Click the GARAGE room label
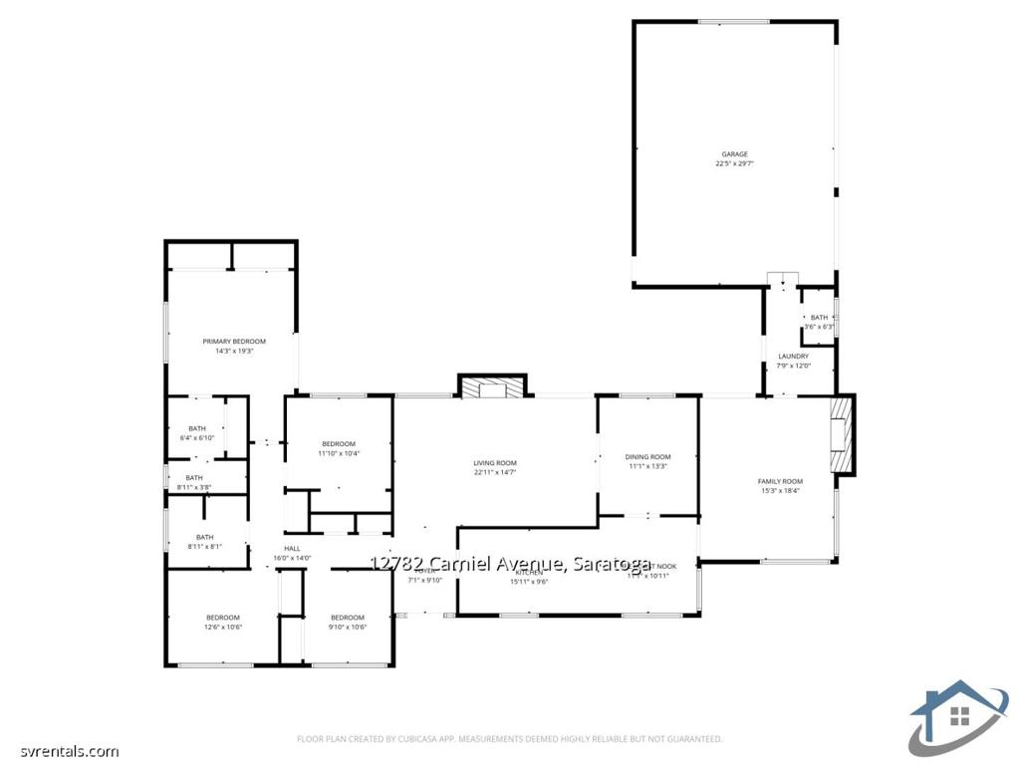click(734, 154)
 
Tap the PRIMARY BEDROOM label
click(234, 342)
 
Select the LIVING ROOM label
click(494, 463)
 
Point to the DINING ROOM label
click(647, 457)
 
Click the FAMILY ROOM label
click(780, 481)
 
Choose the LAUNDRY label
click(793, 356)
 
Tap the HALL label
click(292, 549)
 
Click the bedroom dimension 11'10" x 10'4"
click(338, 453)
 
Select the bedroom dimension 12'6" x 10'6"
click(223, 627)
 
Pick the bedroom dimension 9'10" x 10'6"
click(348, 627)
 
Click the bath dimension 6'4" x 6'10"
click(197, 438)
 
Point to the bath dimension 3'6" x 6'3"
click(819, 327)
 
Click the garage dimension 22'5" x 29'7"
click(734, 163)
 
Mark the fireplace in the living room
click(492, 387)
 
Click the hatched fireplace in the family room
click(843, 435)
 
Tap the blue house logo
click(958, 717)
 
